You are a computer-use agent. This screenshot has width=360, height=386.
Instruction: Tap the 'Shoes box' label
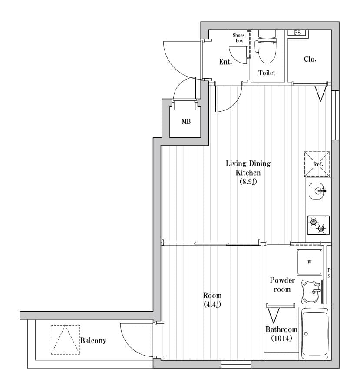pyautogui.click(x=238, y=38)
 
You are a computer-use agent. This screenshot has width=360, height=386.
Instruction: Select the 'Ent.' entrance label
pyautogui.click(x=225, y=62)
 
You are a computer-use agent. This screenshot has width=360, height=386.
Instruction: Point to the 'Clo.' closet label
pyautogui.click(x=310, y=59)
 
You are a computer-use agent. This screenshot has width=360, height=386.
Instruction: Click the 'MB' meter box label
pyautogui.click(x=186, y=121)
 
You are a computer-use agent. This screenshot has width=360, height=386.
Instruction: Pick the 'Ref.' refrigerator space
pyautogui.click(x=317, y=164)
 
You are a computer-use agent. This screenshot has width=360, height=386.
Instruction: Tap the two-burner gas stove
pyautogui.click(x=318, y=225)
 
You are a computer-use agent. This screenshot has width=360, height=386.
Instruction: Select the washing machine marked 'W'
pyautogui.click(x=309, y=262)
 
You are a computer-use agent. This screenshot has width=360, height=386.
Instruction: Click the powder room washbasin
pyautogui.click(x=310, y=292)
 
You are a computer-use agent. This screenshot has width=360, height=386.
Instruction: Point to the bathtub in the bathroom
pyautogui.click(x=315, y=334)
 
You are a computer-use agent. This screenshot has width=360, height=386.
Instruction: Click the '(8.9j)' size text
pyautogui.click(x=248, y=182)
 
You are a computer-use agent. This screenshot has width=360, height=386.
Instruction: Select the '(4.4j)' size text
pyautogui.click(x=212, y=305)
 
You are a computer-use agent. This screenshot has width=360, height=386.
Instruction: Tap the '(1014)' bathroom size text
pyautogui.click(x=281, y=339)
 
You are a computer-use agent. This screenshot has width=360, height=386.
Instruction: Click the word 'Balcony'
pyautogui.click(x=93, y=341)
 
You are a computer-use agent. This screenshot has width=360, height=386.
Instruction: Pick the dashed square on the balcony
pyautogui.click(x=66, y=340)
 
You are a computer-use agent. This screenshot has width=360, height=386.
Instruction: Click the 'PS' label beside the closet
pyautogui.click(x=297, y=33)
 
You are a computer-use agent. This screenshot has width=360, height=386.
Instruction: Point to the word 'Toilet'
pyautogui.click(x=267, y=73)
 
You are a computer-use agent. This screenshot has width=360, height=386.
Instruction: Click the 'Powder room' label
pyautogui.click(x=282, y=285)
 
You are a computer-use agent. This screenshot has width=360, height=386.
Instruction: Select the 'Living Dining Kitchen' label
pyautogui.click(x=248, y=168)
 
